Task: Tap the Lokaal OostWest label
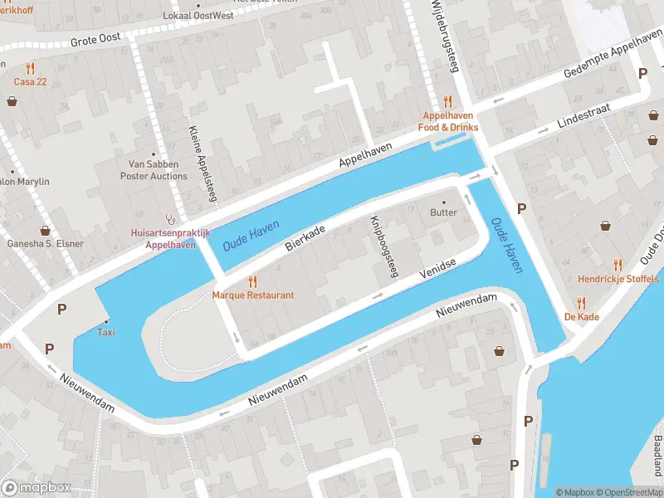(x=199, y=16)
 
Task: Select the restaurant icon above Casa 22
(x=31, y=68)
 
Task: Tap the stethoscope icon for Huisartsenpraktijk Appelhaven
(x=171, y=220)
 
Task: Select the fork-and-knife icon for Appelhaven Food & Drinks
(x=448, y=101)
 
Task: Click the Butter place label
(x=443, y=212)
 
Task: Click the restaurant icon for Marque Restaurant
(x=253, y=282)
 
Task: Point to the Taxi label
(x=106, y=332)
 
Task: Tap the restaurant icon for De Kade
(x=582, y=303)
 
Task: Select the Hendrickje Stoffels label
(x=618, y=280)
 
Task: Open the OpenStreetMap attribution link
(x=627, y=492)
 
